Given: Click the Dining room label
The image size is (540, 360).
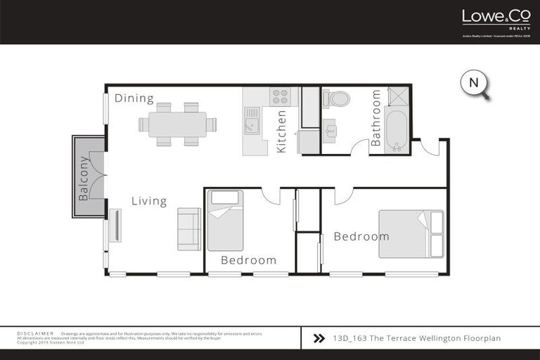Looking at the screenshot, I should pyautogui.click(x=134, y=98).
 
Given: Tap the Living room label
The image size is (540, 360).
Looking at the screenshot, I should pyautogui.click(x=149, y=202).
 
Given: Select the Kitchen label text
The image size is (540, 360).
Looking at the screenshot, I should pyautogui.click(x=281, y=131).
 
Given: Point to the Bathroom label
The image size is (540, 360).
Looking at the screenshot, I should pyautogui.click(x=375, y=117).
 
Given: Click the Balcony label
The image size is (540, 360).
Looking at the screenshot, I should pyautogui.click(x=84, y=178).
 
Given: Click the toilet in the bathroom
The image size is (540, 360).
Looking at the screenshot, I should pyautogui.click(x=337, y=99).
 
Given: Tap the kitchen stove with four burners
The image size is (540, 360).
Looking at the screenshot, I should pyautogui.click(x=281, y=96).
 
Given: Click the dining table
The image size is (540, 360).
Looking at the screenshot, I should pyautogui.click(x=177, y=124).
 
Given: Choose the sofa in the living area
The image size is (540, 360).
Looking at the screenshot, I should pyautogui.click(x=189, y=229).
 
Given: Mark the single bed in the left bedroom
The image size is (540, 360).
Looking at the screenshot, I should pyautogui.click(x=225, y=220).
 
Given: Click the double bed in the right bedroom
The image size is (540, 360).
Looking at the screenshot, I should pyautogui.click(x=411, y=234).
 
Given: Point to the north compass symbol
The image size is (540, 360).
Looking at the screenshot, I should pyautogui.click(x=475, y=84).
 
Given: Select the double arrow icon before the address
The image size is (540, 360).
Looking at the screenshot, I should pyautogui.click(x=319, y=338).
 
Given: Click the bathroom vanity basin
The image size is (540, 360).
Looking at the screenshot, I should pyautogui.click(x=330, y=131).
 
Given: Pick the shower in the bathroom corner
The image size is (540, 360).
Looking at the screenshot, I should pyautogui.click(x=398, y=96).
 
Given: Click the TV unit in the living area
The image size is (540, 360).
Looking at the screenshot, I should pyautogui.click(x=115, y=225).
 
